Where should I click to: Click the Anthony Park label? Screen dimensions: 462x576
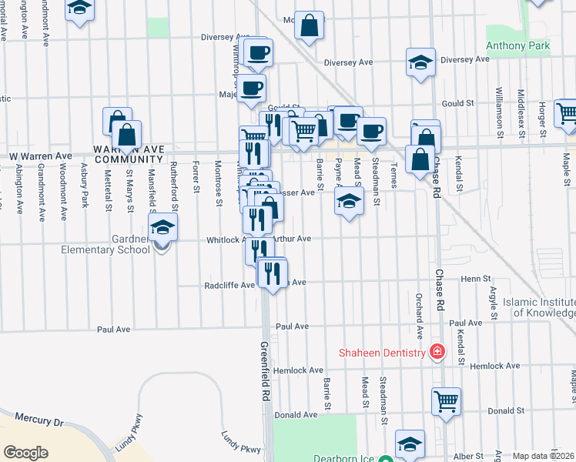click(517, 46)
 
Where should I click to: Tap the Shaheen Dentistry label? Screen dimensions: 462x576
click(383, 353)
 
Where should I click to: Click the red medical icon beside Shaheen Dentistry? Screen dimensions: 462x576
click(437, 352)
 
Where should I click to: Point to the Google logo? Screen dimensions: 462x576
click(25, 452)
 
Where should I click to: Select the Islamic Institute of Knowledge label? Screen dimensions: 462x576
click(539, 307)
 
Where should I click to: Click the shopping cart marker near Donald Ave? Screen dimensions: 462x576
click(446, 400)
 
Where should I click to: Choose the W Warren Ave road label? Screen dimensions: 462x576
click(39, 156)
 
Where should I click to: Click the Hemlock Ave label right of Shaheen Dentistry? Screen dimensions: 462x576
click(495, 366)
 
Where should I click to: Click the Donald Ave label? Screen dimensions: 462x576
click(296, 414)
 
